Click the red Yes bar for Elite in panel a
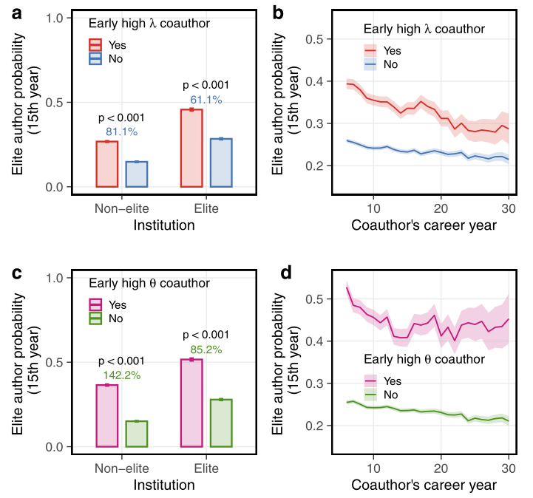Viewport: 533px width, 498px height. (x=191, y=148)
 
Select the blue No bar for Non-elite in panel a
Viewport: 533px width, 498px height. (x=136, y=174)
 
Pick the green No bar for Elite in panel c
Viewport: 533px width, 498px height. (x=220, y=423)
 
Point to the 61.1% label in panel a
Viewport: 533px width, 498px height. (x=206, y=100)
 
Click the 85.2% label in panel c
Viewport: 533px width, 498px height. (x=206, y=349)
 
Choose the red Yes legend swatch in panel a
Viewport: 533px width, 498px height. (x=95, y=44)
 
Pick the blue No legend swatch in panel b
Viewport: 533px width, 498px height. (x=370, y=64)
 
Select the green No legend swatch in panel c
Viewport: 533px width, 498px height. (x=95, y=318)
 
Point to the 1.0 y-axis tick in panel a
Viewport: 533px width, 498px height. (x=54, y=18)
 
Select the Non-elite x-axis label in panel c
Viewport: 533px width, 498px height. (x=122, y=468)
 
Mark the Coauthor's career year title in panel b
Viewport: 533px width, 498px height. (x=424, y=225)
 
